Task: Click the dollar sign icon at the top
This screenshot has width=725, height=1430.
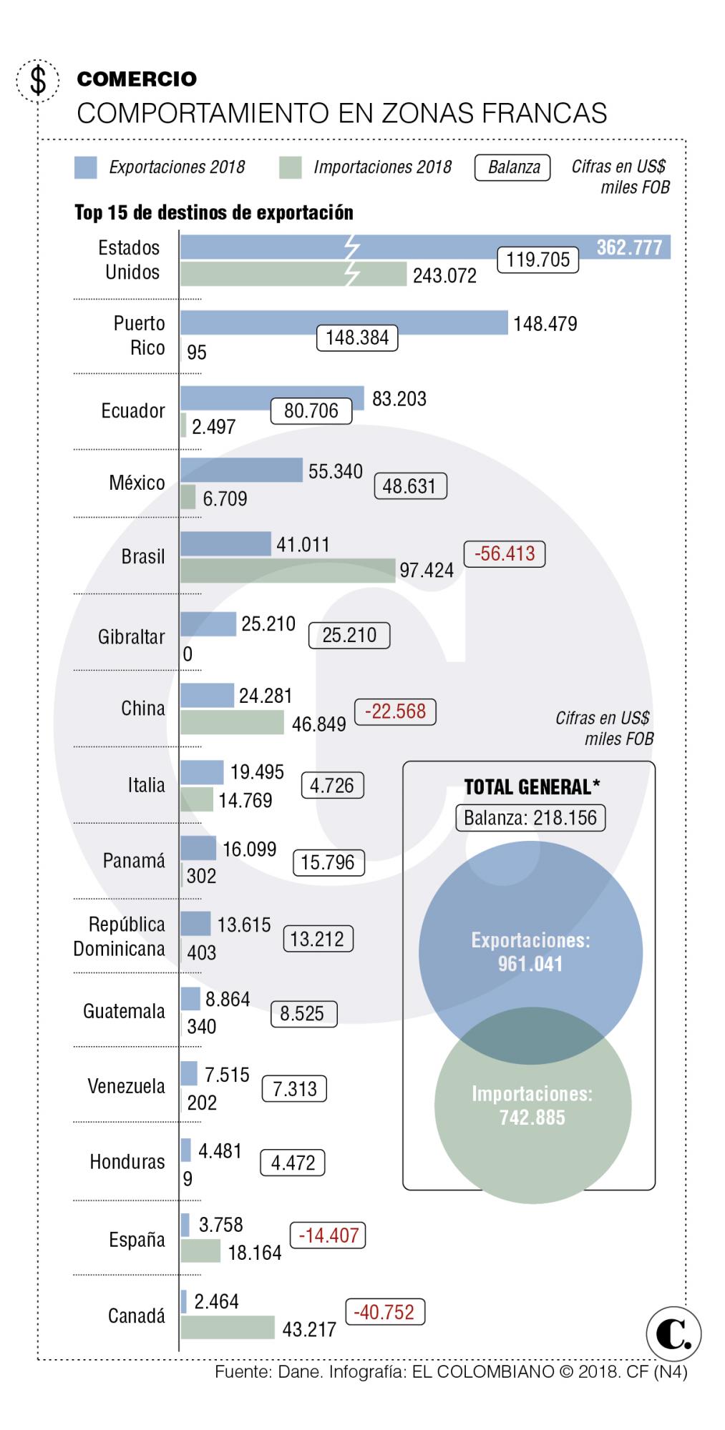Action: point(37,80)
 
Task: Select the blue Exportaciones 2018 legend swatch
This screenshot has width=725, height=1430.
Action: point(85,167)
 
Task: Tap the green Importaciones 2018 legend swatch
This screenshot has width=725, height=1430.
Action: point(290,167)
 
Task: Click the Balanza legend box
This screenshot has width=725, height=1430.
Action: point(513,167)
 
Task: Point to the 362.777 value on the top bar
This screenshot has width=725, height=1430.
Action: point(629,247)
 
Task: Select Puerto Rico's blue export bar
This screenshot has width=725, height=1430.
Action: point(344,322)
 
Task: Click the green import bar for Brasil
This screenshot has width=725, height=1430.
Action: point(287,570)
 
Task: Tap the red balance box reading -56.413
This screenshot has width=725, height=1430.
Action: point(505,553)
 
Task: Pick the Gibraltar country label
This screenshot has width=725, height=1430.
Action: point(131,636)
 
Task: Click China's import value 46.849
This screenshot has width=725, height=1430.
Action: point(318,724)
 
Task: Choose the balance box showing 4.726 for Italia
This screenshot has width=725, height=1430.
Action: point(332,785)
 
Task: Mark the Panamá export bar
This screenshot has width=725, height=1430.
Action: point(198,848)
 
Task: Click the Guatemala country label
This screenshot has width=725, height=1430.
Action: point(124,1011)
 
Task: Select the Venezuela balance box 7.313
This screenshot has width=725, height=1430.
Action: point(294,1088)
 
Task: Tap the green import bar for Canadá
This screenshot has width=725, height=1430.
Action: point(227,1328)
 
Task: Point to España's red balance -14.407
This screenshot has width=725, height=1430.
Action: point(328,1235)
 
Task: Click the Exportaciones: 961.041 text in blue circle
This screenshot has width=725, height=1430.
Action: point(530,952)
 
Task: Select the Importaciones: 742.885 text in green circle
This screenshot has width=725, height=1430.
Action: point(532,1105)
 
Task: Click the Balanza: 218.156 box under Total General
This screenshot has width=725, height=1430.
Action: point(530,817)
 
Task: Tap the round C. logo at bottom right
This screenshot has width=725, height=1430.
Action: point(673,1333)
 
